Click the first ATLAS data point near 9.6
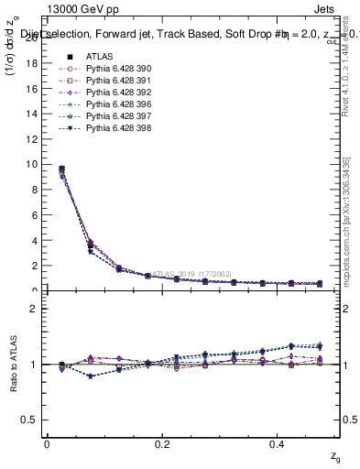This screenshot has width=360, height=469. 61,169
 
